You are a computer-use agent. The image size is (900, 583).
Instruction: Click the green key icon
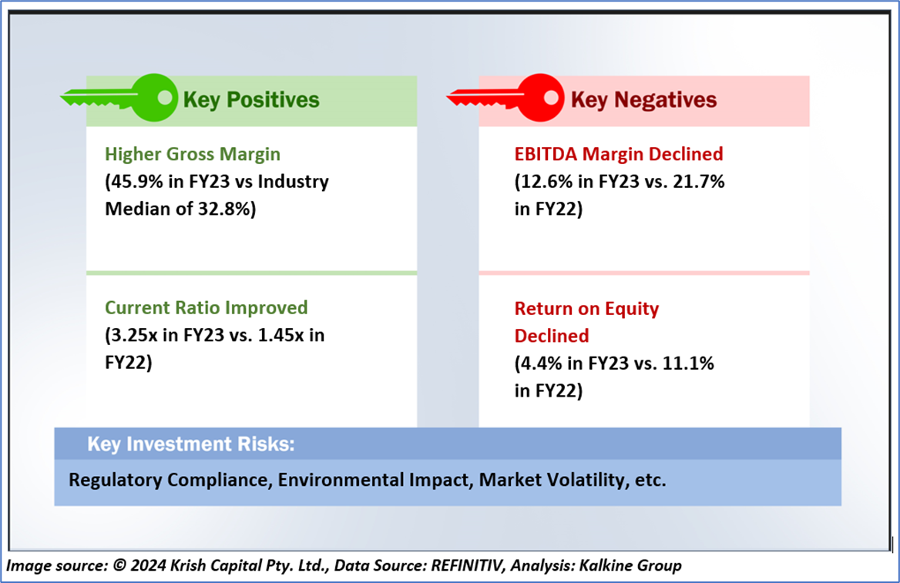tap(123, 98)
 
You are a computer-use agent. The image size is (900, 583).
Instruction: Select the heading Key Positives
tap(250, 100)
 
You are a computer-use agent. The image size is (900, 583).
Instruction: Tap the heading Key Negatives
tap(643, 100)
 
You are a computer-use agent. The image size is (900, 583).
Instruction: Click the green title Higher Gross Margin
tap(193, 154)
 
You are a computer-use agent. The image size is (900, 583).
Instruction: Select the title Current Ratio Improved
tap(207, 308)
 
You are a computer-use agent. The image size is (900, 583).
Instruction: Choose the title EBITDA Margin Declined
tap(619, 154)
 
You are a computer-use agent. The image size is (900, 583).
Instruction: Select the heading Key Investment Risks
tap(191, 444)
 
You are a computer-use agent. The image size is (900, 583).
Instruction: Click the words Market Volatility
tap(551, 480)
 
